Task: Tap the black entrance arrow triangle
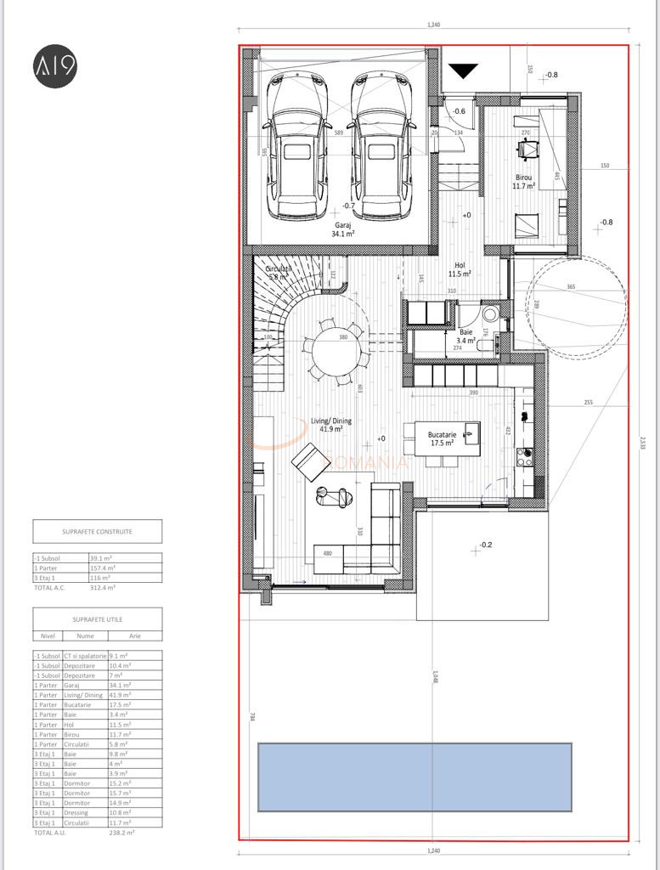pos(463,72)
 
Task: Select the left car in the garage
pos(296,146)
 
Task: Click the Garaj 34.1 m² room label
pos(343,229)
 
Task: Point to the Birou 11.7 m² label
pos(522,183)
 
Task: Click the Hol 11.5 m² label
pos(460,270)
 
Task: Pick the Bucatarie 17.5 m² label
pos(441,438)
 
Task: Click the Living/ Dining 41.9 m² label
pos(330,425)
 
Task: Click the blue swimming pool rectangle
pos(415,777)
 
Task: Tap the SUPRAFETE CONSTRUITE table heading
pos(97,532)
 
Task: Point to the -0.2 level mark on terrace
pos(486,545)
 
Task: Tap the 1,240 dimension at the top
pos(433,25)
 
